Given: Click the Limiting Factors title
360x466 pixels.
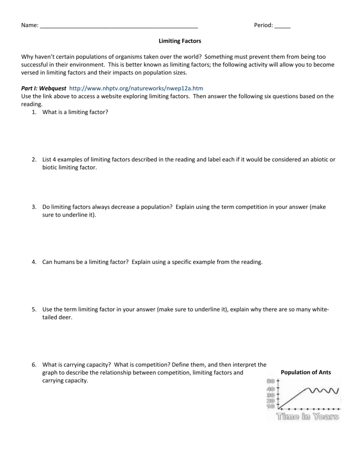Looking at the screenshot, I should coord(180,41).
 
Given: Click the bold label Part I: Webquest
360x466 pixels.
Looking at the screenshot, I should coord(44,88).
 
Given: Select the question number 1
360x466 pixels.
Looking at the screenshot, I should coord(34,112).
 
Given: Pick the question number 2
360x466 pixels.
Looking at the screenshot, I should coord(34,159).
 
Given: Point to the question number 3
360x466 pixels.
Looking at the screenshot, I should coord(34,207).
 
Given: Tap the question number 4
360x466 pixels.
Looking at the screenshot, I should coord(34,262).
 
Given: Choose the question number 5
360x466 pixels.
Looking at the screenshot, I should coord(34,309).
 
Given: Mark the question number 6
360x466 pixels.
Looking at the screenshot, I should coord(34,365).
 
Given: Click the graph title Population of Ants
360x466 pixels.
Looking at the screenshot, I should coord(306,372).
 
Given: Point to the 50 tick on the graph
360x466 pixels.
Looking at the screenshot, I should coord(270,381).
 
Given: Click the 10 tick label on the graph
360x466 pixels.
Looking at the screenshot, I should coord(270,407).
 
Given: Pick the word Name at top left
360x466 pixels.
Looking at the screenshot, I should coord(29,26).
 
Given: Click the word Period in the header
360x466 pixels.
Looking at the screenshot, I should coord(263,26).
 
